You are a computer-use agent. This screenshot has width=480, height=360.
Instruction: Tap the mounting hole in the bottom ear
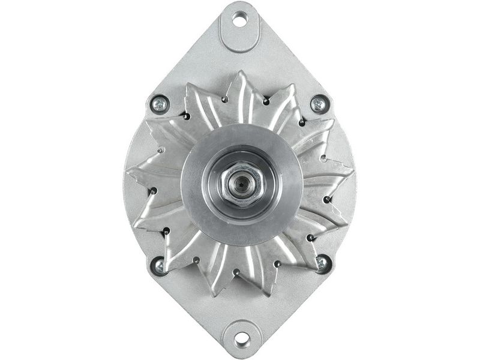click(x=241, y=339)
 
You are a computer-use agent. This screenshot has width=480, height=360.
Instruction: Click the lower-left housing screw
click(x=160, y=264)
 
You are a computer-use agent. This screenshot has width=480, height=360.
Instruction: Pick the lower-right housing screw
click(x=322, y=263)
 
